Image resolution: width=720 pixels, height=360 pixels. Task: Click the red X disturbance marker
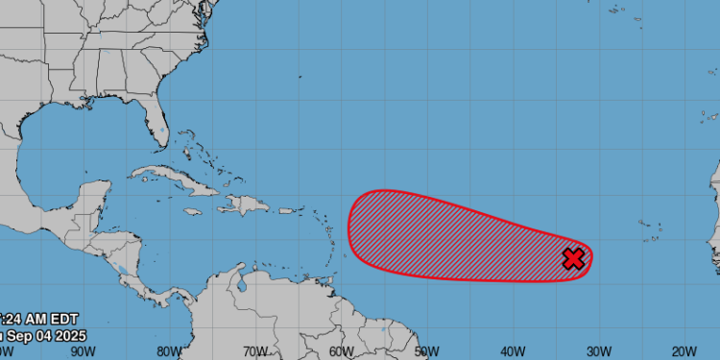(573, 258)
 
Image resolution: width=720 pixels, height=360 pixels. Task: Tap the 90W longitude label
(83, 350)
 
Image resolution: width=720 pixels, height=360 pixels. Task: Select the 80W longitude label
(169, 350)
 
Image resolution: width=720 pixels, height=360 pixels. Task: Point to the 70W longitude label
(254, 350)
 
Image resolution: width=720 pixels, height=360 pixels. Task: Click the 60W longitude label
(340, 350)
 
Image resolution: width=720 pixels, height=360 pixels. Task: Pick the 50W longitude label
(425, 350)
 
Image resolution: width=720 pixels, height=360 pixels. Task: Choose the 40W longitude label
(511, 350)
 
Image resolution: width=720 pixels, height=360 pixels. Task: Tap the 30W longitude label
(597, 350)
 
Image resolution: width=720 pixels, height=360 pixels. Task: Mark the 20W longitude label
(683, 350)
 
